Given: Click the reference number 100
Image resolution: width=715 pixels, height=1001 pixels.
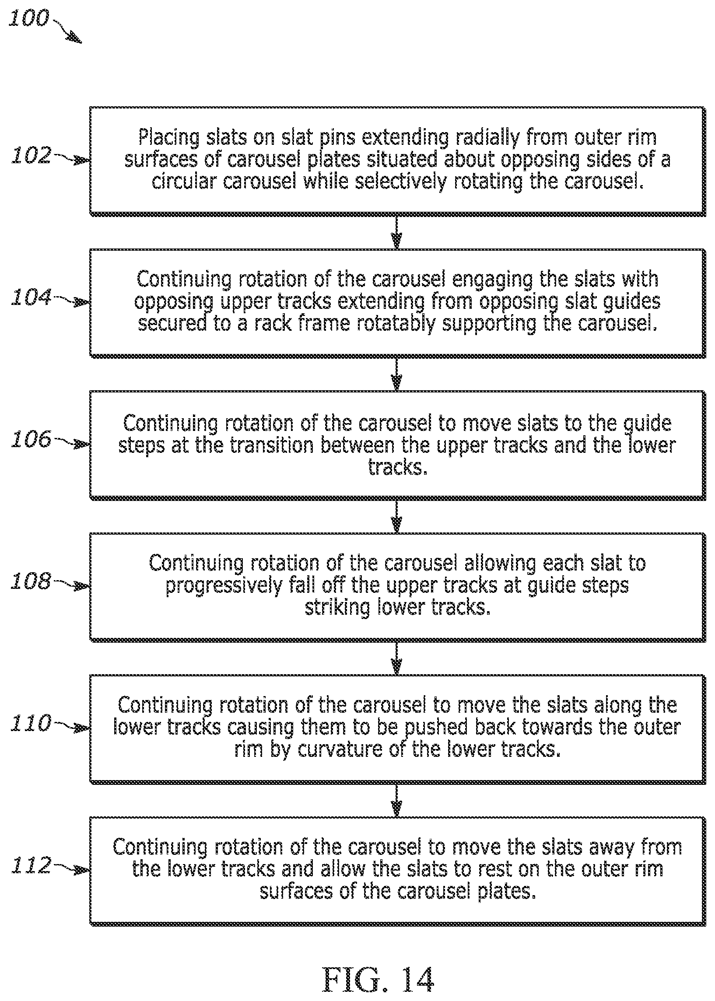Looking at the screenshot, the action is tap(28, 18).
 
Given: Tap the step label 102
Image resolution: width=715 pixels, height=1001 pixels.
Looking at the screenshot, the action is tap(31, 155).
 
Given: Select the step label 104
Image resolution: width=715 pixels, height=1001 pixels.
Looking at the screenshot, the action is tap(31, 297).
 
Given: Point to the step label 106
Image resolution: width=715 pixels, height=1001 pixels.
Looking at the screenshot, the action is tap(31, 439).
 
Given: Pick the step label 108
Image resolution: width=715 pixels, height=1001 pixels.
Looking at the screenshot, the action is tap(31, 581).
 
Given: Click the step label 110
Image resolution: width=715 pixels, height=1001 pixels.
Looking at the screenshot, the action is tap(31, 723).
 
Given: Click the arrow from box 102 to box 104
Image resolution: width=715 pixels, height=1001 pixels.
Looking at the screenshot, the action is tap(397, 232).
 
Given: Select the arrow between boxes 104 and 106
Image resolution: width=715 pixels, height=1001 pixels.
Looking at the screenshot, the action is tap(397, 374).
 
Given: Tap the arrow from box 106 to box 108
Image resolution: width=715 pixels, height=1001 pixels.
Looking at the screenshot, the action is tap(397, 516).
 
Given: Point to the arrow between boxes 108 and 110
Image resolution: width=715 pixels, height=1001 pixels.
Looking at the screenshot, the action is tap(397, 658).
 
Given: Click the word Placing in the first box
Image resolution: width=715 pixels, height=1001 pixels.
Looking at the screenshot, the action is tap(168, 138).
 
